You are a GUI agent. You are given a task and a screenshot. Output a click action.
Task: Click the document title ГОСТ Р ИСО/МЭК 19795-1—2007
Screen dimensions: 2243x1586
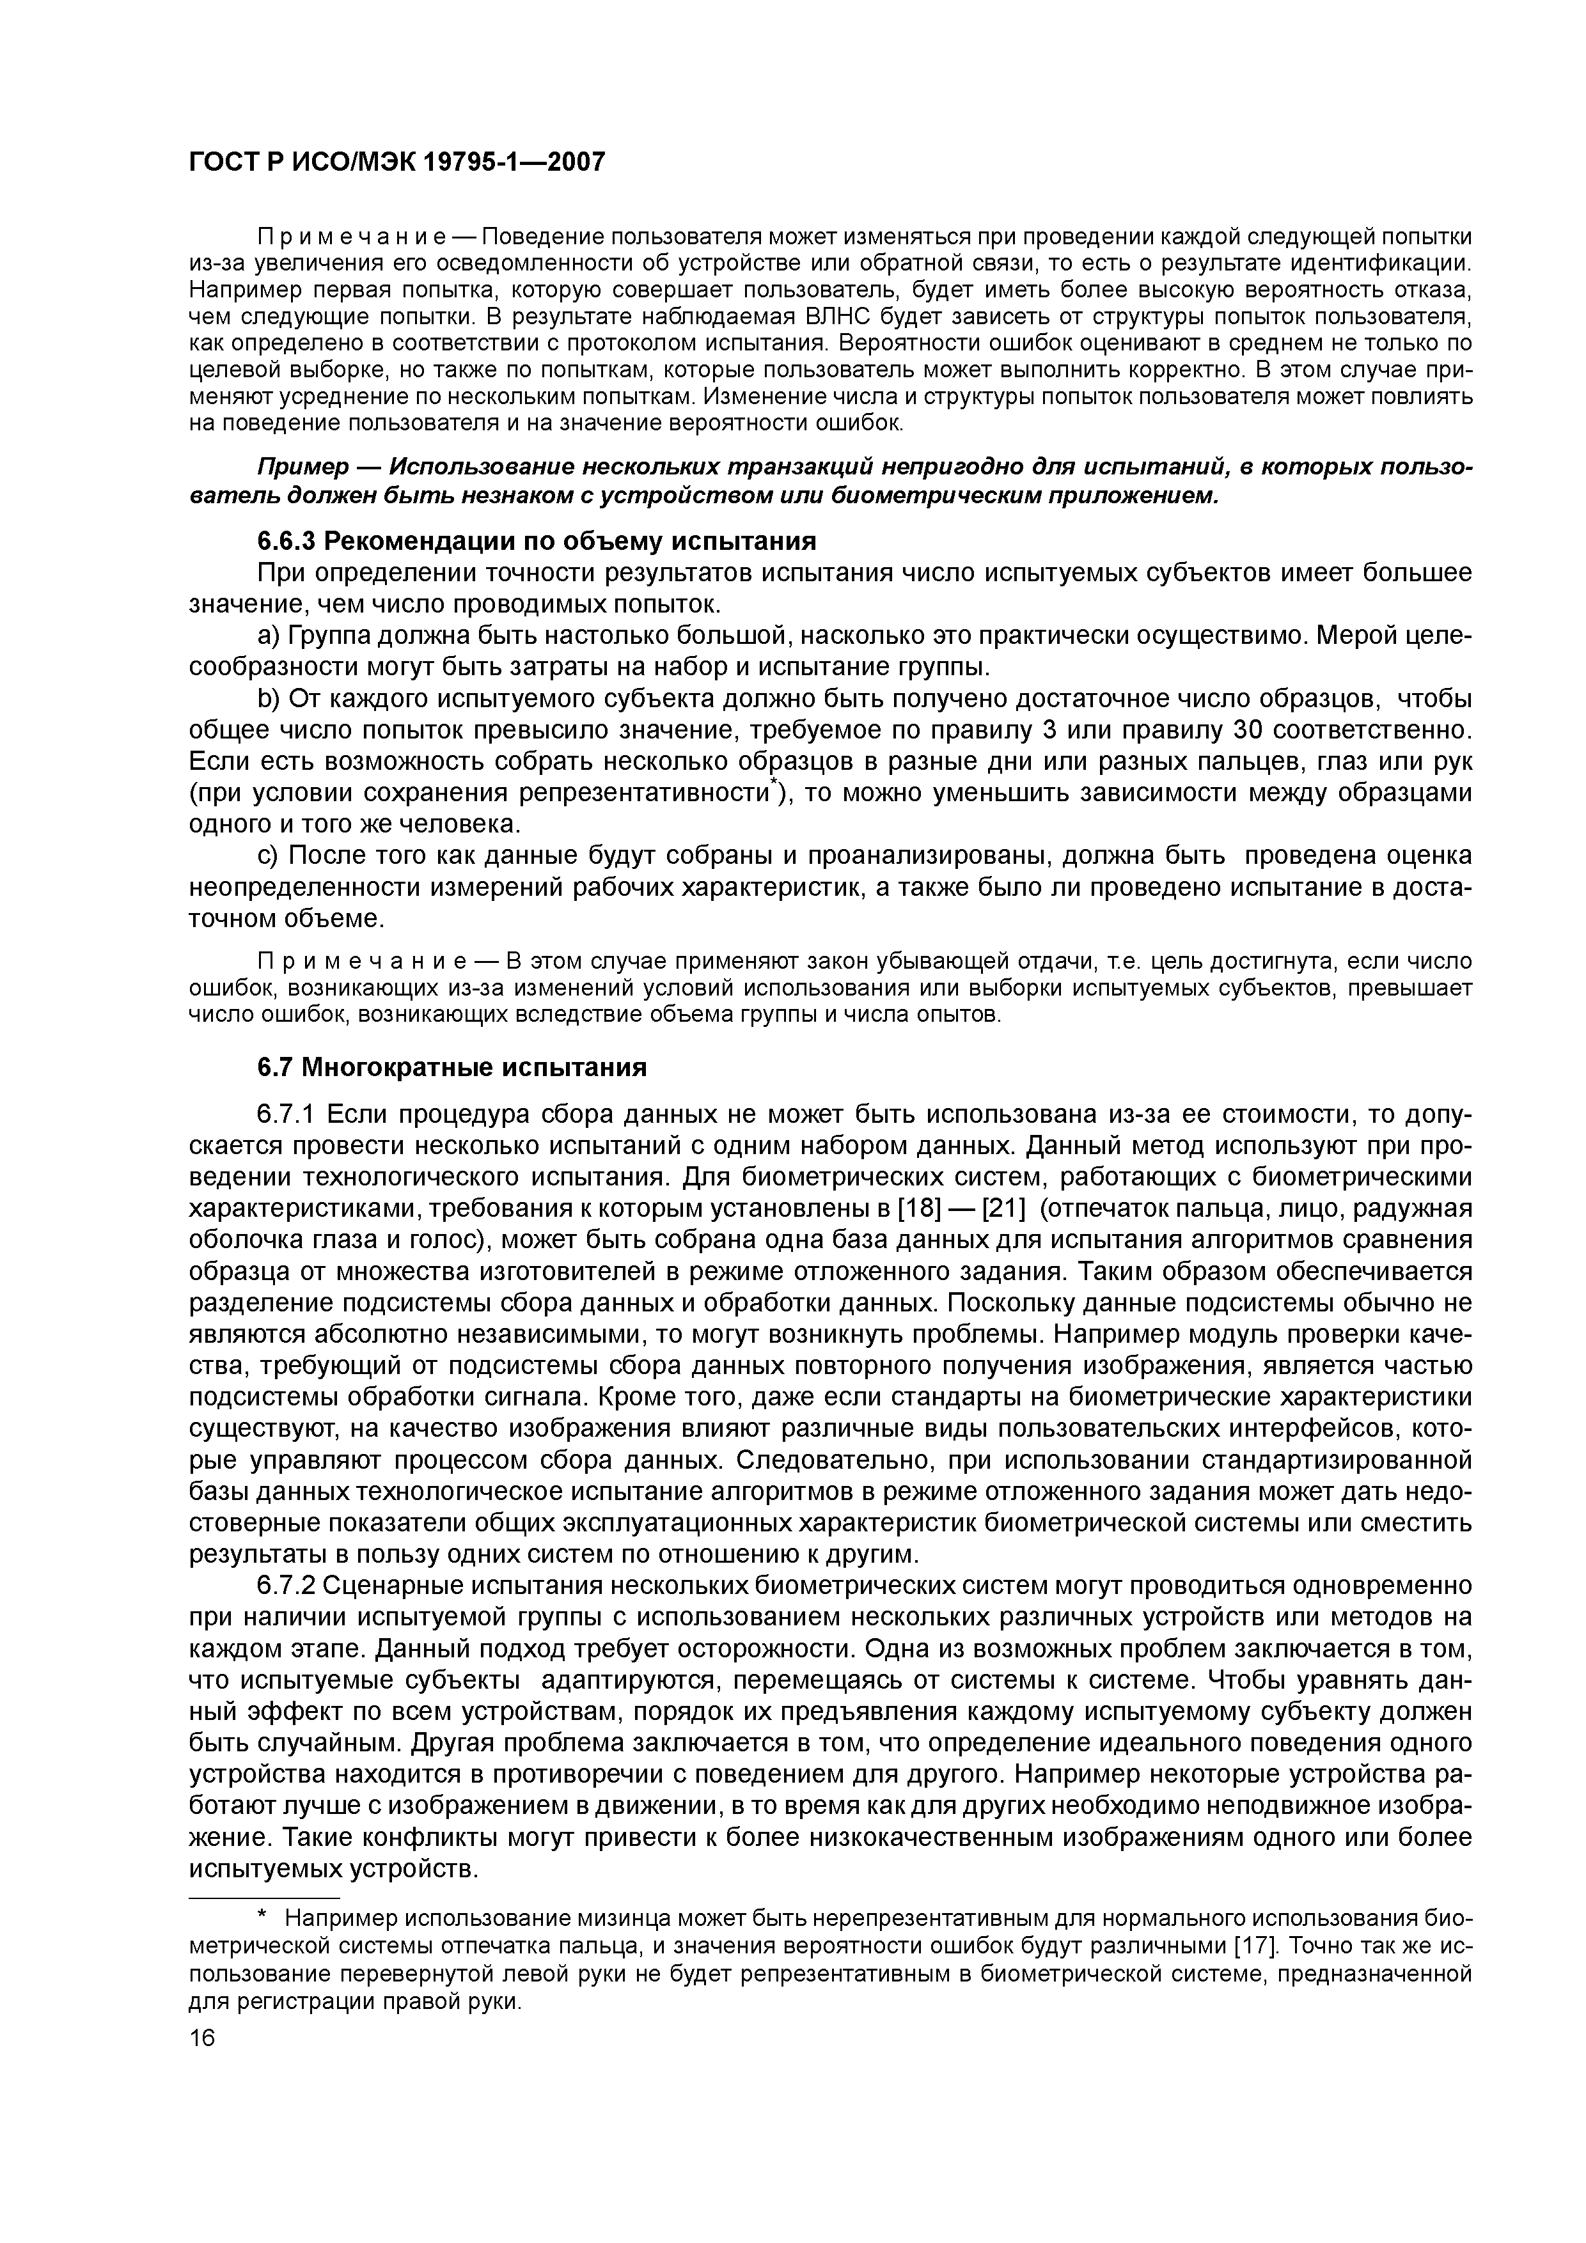coord(396,161)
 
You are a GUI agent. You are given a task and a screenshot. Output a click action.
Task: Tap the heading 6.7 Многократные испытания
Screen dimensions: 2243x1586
coord(451,1067)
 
